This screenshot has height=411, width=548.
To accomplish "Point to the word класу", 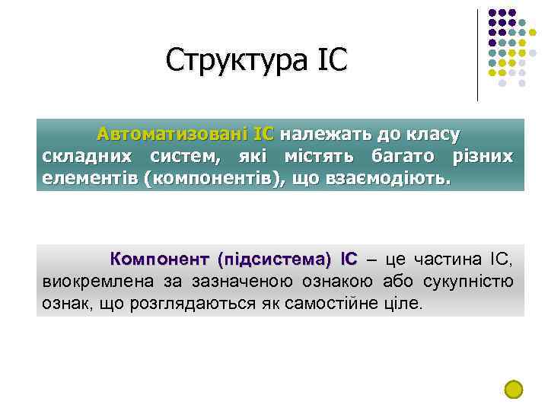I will click(x=433, y=135).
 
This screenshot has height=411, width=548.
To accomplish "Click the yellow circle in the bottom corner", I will click(x=514, y=389).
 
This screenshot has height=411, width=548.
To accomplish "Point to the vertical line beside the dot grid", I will click(x=477, y=55).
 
